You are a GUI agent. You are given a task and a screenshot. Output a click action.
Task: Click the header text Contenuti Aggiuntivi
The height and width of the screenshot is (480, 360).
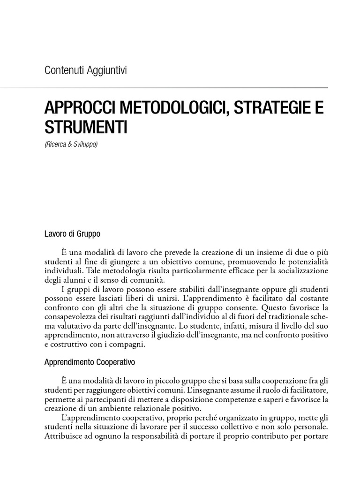[x=86, y=71]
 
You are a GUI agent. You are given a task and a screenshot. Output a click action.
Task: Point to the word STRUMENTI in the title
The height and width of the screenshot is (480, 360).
[x=86, y=127]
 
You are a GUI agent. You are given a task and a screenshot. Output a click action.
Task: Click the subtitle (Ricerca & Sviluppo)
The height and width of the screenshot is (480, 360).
[x=71, y=145]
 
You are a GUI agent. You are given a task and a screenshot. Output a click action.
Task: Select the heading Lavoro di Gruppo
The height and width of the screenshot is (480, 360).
[x=72, y=233]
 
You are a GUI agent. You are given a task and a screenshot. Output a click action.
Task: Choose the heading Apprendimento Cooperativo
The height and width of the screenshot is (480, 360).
[x=90, y=362]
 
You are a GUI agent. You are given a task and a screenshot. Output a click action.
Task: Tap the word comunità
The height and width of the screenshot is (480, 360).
[x=146, y=280]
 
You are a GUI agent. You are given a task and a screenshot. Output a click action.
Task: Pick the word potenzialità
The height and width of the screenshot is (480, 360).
[x=305, y=262]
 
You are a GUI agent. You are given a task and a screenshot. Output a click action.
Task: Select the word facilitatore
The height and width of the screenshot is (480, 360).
[x=304, y=390]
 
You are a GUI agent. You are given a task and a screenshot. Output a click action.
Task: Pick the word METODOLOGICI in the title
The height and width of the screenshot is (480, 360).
[x=164, y=108]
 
